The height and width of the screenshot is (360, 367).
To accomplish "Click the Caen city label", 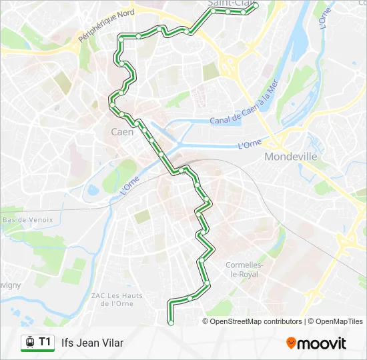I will point(122,132).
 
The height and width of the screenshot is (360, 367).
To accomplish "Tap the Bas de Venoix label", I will point(27,219).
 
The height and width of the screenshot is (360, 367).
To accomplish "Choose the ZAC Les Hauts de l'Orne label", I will point(115,299).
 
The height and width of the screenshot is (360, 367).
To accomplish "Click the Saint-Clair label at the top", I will point(227,4).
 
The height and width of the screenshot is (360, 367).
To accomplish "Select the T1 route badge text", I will point(45,342).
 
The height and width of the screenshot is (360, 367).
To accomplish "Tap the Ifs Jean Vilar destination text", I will point(92,343).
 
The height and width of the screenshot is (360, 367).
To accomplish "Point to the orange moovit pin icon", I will point(291,343).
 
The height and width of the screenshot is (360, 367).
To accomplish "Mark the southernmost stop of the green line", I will point(171,322).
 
